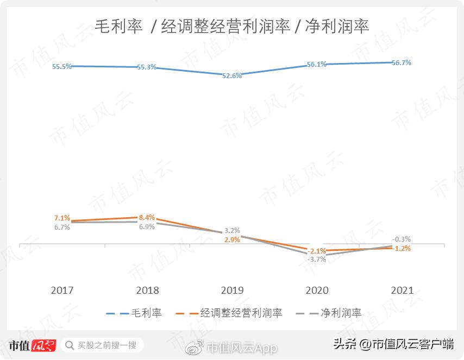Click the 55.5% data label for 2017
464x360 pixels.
(62, 67)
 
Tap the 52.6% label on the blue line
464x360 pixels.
(232, 76)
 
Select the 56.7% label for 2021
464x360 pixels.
(401, 63)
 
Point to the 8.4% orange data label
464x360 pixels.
(147, 217)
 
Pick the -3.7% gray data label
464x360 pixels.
(317, 260)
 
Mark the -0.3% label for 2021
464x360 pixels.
(402, 239)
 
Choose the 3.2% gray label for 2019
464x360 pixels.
(232, 230)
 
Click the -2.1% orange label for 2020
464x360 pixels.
(317, 251)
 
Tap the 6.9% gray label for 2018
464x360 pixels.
(147, 226)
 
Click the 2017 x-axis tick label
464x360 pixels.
(62, 290)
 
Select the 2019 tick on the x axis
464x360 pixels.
(232, 290)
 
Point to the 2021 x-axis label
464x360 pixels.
(402, 290)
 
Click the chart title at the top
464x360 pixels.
(232, 26)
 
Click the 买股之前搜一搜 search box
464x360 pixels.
(102, 345)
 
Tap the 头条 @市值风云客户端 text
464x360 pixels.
(393, 344)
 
